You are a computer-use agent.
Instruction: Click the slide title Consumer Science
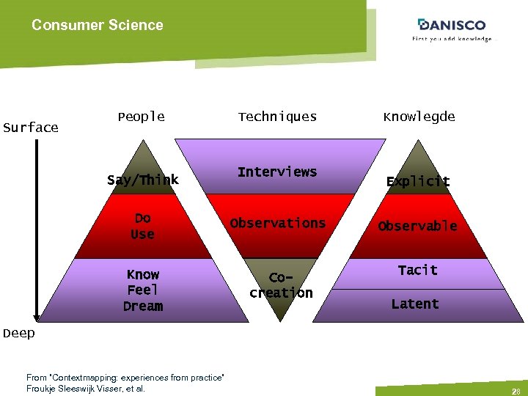[97, 25]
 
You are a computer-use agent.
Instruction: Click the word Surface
[30, 128]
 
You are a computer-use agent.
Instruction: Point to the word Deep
[18, 334]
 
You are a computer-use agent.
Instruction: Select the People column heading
[141, 117]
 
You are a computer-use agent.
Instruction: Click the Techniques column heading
[277, 117]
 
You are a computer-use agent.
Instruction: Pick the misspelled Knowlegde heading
[419, 117]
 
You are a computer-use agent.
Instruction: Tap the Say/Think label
[142, 180]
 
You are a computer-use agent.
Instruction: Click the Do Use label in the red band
[142, 226]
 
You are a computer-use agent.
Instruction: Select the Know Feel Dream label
[143, 290]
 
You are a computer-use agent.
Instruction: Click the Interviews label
[277, 172]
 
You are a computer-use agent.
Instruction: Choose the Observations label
[277, 223]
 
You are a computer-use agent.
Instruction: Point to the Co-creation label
[281, 285]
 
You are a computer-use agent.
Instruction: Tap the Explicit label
[419, 181]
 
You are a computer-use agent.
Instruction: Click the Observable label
[417, 226]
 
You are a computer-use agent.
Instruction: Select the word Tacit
[417, 271]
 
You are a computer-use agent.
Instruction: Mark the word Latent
[415, 304]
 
